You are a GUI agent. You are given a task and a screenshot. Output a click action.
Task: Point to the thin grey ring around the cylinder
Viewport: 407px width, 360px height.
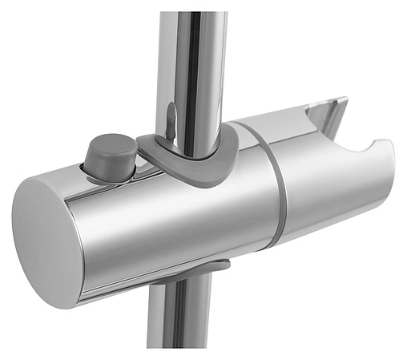tap(272, 192)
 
